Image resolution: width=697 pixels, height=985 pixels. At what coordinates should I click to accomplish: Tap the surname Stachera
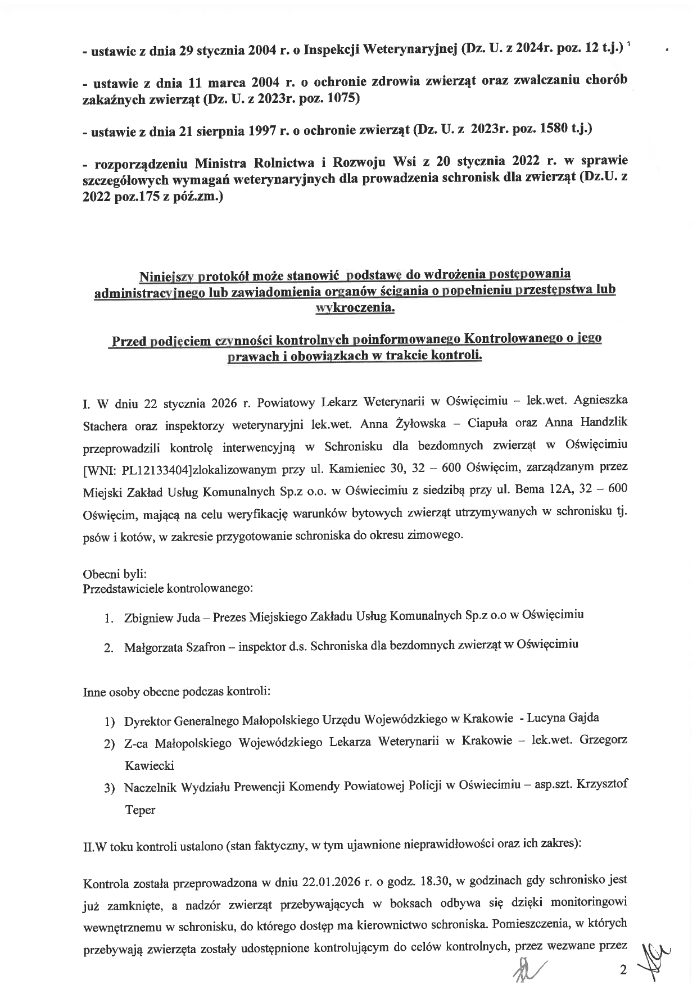103,425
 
